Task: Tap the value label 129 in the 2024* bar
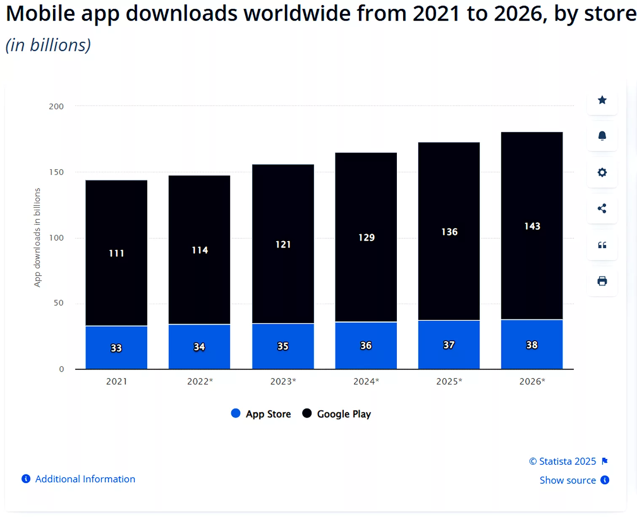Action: (366, 238)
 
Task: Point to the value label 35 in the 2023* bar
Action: (283, 346)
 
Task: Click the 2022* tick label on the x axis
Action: (200, 381)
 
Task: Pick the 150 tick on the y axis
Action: (56, 172)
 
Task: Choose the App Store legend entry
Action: (261, 414)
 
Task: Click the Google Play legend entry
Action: (337, 414)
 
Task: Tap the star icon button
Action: (602, 100)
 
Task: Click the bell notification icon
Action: (602, 136)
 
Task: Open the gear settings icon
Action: (602, 173)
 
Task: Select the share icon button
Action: (602, 208)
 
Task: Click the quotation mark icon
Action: (602, 245)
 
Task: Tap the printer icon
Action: (602, 281)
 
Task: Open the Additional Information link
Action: (85, 479)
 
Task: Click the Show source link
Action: (567, 480)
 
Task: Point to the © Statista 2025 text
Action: (562, 461)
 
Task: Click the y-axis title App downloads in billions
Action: (37, 237)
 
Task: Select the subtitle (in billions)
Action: (48, 45)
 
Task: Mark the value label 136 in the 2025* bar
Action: (449, 232)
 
